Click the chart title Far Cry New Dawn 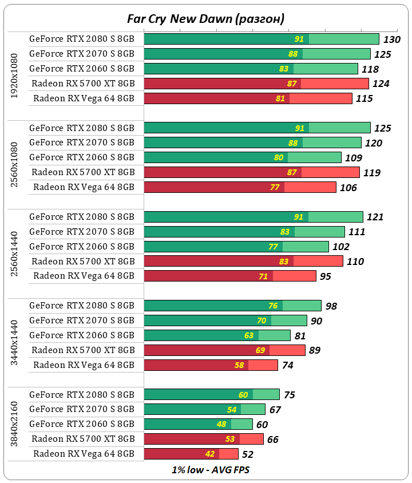tap(205, 19)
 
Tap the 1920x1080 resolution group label tap(15, 76)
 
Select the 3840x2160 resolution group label tap(15, 424)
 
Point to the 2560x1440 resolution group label tap(15, 247)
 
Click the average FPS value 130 tap(391, 39)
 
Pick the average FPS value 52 tap(247, 454)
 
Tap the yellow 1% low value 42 tap(225, 454)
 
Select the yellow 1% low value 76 tap(273, 306)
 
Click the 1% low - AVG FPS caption tap(205, 470)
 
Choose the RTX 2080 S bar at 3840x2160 tap(212, 394)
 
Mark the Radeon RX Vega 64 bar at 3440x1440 tap(211, 365)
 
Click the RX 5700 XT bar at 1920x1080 tap(256, 84)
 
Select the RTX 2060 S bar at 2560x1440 tap(236, 247)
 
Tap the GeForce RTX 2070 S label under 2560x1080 tap(82, 142)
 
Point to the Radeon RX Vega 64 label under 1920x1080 tap(84, 98)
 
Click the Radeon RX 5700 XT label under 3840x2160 tap(83, 439)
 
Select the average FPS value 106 tap(347, 188)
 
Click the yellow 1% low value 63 tap(249, 335)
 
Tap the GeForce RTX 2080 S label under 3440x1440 tap(82, 305)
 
